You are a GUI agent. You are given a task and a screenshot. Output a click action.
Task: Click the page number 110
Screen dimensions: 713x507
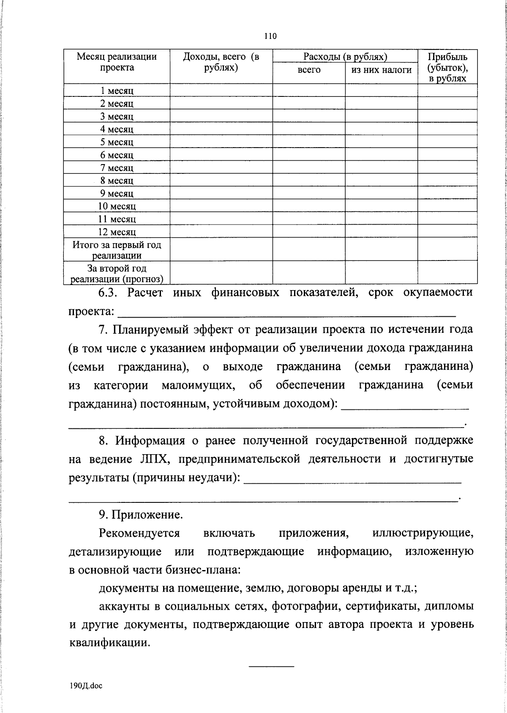click(x=270, y=36)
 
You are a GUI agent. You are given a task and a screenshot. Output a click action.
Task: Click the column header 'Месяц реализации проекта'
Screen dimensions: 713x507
click(x=117, y=62)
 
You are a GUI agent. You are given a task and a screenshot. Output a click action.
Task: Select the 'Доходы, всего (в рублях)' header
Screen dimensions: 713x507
click(x=221, y=62)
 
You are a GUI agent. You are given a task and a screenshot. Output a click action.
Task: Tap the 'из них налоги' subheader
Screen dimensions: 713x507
click(x=381, y=70)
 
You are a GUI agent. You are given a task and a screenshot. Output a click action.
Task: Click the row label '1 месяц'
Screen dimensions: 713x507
click(x=117, y=91)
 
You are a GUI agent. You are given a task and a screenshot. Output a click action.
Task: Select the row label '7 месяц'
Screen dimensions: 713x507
click(x=117, y=168)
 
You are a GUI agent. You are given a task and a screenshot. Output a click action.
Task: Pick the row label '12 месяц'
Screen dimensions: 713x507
click(x=117, y=232)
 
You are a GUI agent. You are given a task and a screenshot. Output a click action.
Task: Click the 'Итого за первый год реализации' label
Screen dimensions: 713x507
click(x=117, y=250)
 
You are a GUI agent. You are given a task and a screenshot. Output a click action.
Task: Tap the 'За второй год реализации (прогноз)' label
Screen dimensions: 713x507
click(x=117, y=273)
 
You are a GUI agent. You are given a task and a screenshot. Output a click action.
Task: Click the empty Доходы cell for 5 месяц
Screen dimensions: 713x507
click(x=221, y=142)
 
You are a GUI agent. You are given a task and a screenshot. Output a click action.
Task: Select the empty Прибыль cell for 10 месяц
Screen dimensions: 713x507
click(x=447, y=206)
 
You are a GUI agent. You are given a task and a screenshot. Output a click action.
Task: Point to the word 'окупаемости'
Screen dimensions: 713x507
click(x=438, y=293)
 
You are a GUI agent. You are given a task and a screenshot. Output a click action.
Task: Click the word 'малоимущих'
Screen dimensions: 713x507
click(x=197, y=385)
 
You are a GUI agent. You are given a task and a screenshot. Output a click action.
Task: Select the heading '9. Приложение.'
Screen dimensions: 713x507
click(x=141, y=515)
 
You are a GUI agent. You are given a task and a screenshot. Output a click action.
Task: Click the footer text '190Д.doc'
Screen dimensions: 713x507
click(x=86, y=686)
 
